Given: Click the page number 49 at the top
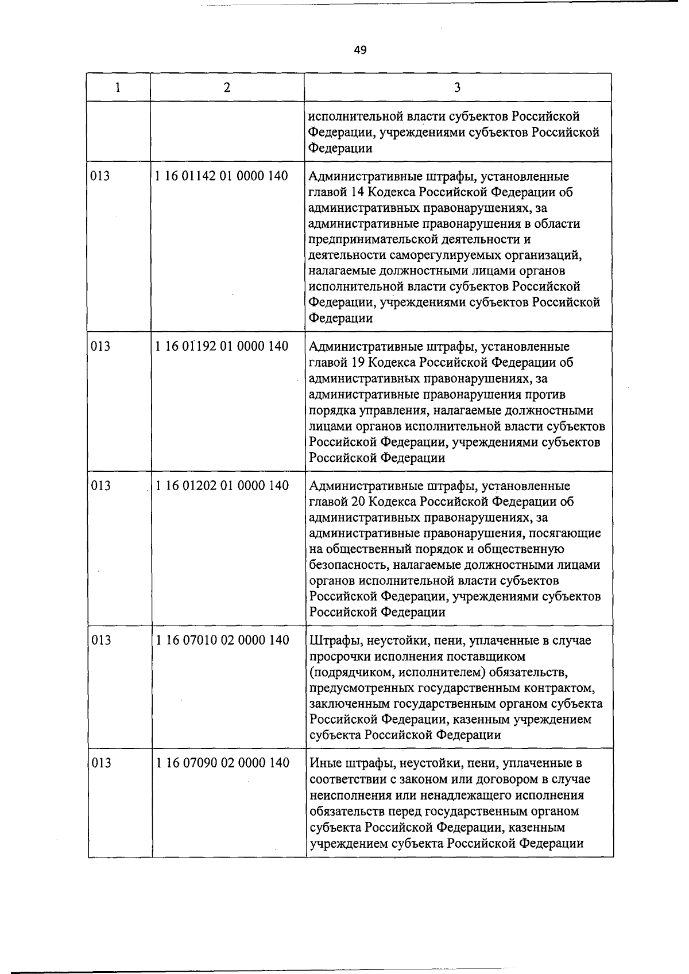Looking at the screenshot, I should click(x=360, y=50).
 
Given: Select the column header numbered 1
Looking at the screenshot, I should click(x=118, y=87).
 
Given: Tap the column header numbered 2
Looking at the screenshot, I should click(x=227, y=87).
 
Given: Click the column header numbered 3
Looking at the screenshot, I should click(x=457, y=87).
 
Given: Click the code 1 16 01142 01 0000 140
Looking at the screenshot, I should click(x=222, y=176).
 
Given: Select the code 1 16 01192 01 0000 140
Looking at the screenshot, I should click(x=222, y=346).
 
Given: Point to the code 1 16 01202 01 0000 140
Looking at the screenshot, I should click(x=222, y=486).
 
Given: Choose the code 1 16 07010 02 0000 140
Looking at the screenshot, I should click(x=222, y=640).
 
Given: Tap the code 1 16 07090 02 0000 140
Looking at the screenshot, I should click(x=222, y=763).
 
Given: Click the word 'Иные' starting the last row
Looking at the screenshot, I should click(x=326, y=763).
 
